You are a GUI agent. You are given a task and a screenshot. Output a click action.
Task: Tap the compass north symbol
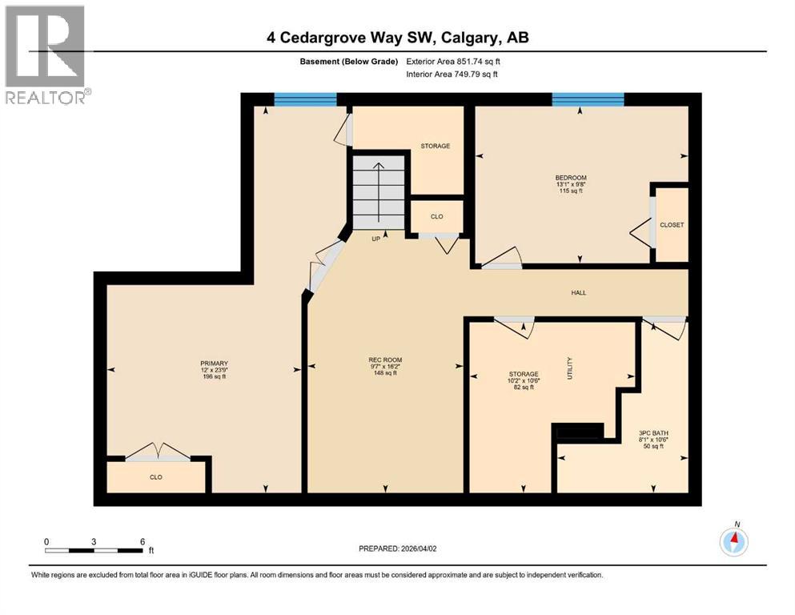click(x=733, y=542)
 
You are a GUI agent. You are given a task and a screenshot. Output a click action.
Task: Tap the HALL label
click(x=578, y=293)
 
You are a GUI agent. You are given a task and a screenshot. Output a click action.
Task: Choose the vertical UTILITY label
click(x=570, y=368)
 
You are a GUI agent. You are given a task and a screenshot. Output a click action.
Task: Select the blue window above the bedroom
click(x=588, y=99)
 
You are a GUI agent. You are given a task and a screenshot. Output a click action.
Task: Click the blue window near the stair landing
click(x=305, y=99)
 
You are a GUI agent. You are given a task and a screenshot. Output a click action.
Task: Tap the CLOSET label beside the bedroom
click(x=672, y=225)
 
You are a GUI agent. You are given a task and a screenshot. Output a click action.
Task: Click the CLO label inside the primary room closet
click(x=156, y=477)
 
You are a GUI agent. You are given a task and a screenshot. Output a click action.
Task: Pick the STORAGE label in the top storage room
click(x=436, y=147)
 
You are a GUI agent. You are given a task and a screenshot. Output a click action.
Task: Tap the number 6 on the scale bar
click(x=142, y=541)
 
